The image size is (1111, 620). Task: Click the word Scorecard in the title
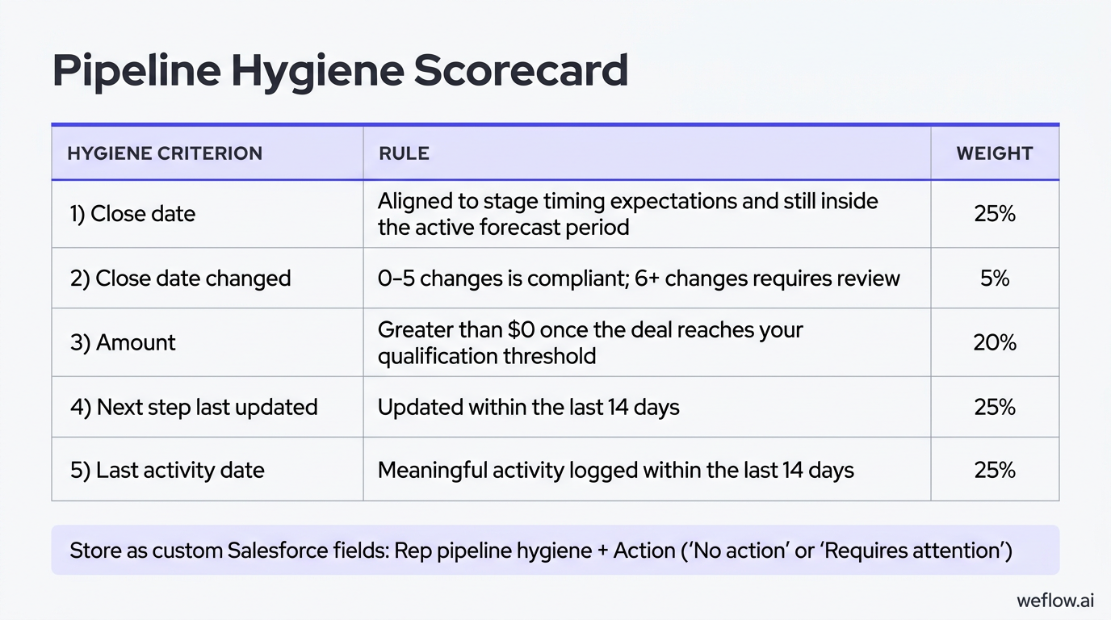click(x=521, y=71)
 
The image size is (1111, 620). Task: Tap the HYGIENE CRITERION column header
click(x=165, y=153)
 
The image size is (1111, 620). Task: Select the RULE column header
click(x=404, y=153)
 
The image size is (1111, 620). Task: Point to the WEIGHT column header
click(x=995, y=153)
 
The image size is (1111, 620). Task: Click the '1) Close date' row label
click(x=132, y=214)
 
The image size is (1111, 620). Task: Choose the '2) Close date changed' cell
click(x=180, y=279)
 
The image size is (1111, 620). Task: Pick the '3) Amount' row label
click(x=123, y=342)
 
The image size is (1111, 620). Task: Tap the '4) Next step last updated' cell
click(x=194, y=407)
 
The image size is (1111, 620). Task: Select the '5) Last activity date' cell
click(x=167, y=471)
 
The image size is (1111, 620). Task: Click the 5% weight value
click(x=995, y=279)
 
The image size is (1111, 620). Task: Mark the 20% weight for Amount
click(x=995, y=342)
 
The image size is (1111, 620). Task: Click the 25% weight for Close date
click(x=995, y=214)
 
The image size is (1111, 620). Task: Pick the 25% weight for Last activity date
click(x=995, y=471)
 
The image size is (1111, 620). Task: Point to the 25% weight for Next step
click(x=995, y=407)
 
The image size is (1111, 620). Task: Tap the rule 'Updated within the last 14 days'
click(x=528, y=407)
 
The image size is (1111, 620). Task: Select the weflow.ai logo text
click(x=1055, y=601)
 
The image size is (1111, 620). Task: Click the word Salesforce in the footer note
click(x=279, y=551)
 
